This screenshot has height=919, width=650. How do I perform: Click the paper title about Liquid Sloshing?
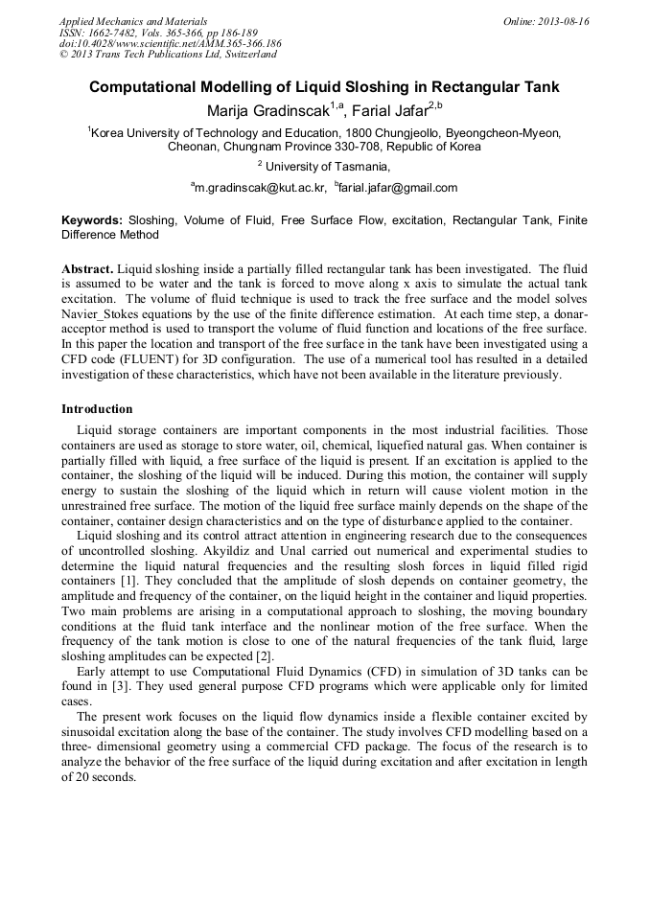tap(324, 87)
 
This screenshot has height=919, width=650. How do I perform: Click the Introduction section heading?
tap(97, 409)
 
